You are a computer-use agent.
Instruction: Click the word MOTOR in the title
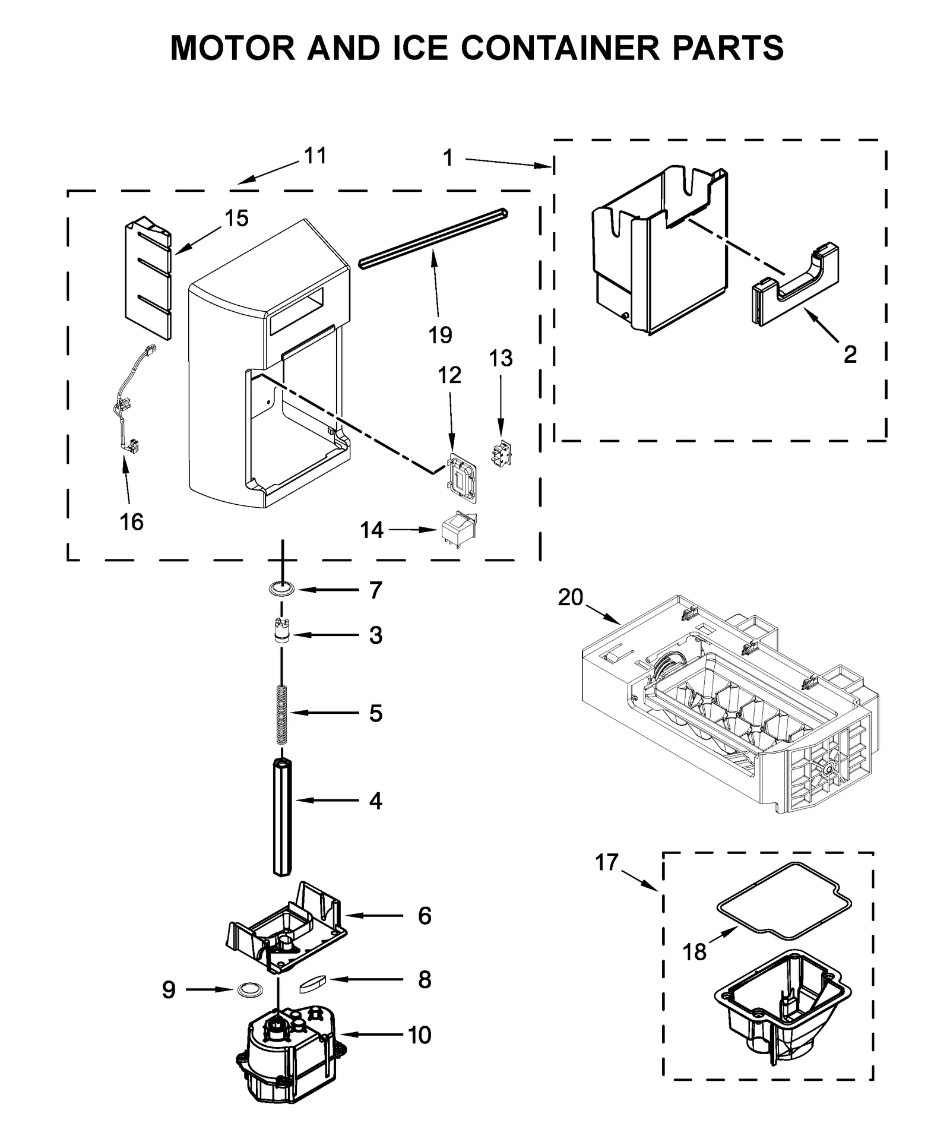point(232,49)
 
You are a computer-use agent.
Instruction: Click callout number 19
point(440,335)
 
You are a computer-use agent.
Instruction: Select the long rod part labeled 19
point(433,238)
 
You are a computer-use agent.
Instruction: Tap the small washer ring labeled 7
point(281,590)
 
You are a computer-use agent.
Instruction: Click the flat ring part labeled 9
point(249,989)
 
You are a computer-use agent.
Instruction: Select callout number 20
point(570,597)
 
